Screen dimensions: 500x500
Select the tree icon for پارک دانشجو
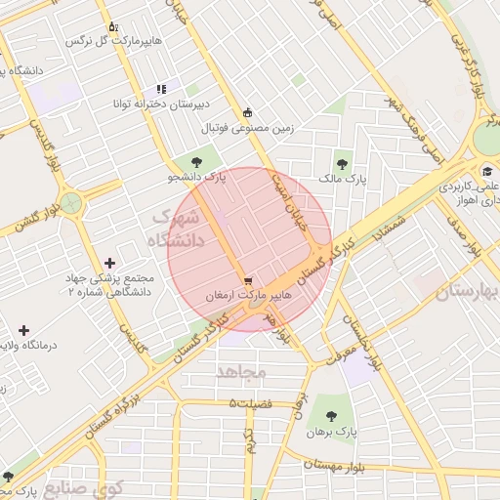coord(198,163)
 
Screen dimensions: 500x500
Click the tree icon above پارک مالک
coord(341,164)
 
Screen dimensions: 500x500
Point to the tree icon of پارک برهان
coord(340,414)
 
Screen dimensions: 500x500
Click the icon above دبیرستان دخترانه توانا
coord(161,89)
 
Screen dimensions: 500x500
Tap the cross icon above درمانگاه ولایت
coord(23,330)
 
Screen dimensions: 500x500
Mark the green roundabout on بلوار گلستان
coord(70,203)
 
